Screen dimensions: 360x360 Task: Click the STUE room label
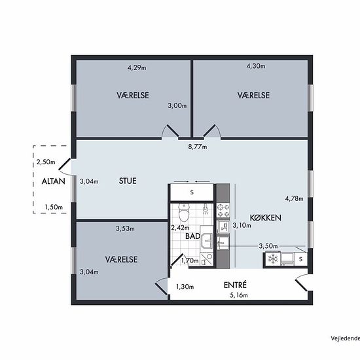[128, 181]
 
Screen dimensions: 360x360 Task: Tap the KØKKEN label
[265, 218]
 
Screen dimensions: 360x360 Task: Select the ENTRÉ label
[235, 285]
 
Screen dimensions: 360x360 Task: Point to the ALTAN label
[53, 181]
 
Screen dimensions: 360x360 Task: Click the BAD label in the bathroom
[192, 236]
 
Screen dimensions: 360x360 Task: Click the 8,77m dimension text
[198, 147]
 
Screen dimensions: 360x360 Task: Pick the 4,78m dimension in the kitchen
[294, 198]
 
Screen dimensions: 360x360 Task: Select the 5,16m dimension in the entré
[239, 295]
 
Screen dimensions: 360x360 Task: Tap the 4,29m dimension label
[137, 67]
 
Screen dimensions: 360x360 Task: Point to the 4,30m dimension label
[256, 66]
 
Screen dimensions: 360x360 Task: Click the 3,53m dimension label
[125, 228]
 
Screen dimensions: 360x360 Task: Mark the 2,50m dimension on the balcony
[46, 162]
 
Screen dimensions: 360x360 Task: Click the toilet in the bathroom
[183, 211]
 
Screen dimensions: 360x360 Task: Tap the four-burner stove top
[223, 211]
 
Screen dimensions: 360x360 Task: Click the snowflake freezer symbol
[273, 259]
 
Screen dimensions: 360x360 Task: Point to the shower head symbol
[206, 209]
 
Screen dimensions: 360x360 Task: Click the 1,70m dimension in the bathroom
[190, 261]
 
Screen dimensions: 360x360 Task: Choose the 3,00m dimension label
[177, 106]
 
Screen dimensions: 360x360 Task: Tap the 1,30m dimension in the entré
[185, 287]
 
